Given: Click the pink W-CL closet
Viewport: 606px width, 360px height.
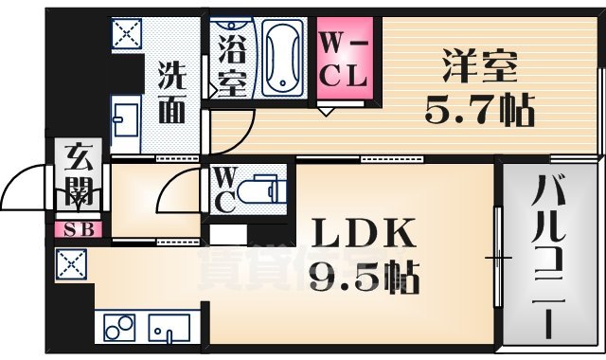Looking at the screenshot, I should [x=343, y=59].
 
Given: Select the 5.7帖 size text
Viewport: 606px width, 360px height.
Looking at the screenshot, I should [x=478, y=111].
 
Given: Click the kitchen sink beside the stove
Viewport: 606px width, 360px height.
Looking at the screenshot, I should [x=169, y=328].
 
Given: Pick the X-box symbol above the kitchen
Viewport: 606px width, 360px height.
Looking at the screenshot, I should [x=69, y=263].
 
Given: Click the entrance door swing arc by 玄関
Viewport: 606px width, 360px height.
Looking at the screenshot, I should [x=28, y=183].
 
